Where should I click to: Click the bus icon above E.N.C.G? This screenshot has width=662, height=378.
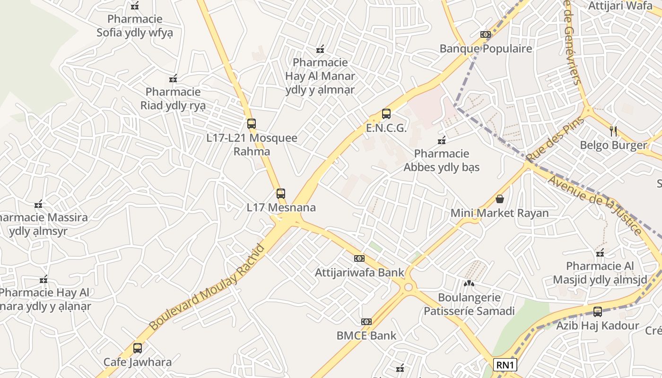tap(386, 114)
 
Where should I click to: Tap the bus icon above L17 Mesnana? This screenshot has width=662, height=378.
tap(281, 193)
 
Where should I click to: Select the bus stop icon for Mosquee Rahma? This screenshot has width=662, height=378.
tap(252, 124)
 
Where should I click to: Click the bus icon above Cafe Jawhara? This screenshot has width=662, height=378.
tap(137, 348)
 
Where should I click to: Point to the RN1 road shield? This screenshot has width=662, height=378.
tap(505, 365)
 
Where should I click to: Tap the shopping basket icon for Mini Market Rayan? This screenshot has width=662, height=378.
tap(499, 199)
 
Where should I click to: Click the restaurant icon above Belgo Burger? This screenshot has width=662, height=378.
tap(613, 131)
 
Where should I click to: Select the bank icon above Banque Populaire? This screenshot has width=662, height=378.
tap(486, 34)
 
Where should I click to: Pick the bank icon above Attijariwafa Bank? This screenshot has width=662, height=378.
tap(359, 258)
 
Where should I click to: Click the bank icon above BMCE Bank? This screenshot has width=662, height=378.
tap(366, 322)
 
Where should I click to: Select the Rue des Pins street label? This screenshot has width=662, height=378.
tap(555, 140)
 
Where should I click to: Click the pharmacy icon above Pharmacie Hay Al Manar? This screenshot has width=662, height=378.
tap(320, 49)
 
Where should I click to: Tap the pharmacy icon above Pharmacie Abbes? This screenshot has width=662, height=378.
tap(442, 140)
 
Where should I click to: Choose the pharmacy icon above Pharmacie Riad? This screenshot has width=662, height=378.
tap(173, 78)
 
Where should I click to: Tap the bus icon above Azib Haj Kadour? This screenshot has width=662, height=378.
tap(598, 311)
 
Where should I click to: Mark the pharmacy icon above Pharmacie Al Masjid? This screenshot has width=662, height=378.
tap(600, 253)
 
